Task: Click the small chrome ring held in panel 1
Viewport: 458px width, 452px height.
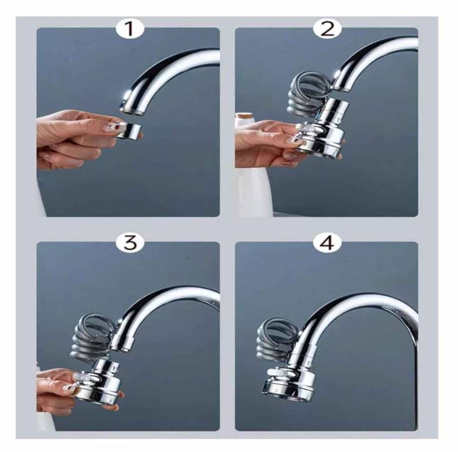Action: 128,130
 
